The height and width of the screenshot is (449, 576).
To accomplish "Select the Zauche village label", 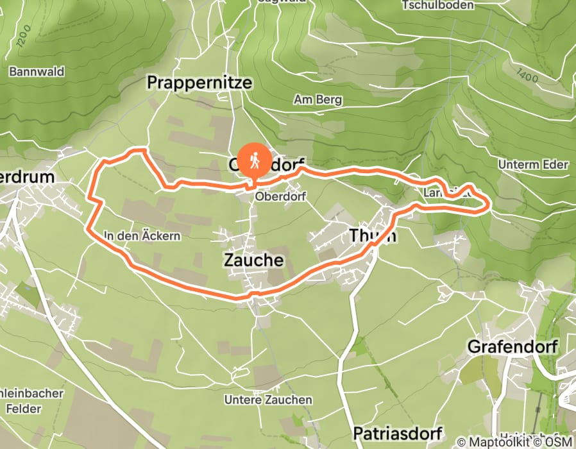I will (x=253, y=260).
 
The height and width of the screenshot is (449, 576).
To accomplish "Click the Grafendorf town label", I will (x=512, y=347).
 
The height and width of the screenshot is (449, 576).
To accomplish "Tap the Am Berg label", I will (x=318, y=100).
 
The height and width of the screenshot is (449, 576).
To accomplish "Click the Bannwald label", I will (x=37, y=72).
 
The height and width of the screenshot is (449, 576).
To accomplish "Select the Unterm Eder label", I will (x=533, y=165).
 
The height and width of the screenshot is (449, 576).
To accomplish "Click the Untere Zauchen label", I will (x=268, y=400).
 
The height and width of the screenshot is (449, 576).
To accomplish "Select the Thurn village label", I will (x=373, y=235).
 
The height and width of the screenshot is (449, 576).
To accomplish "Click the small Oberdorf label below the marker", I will (x=278, y=196).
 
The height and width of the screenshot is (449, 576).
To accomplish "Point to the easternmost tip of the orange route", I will (x=491, y=205).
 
